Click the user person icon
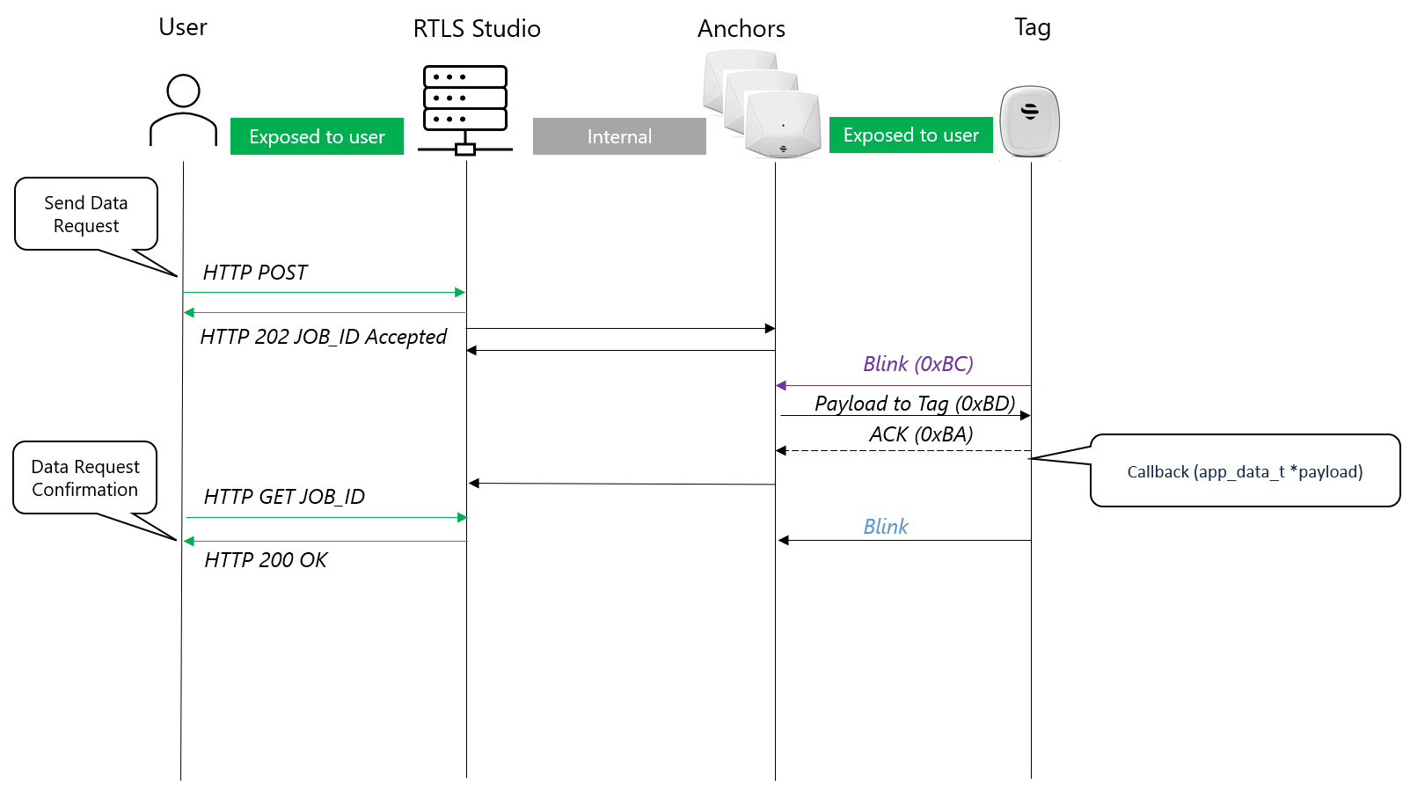click(x=183, y=110)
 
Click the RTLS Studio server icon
click(x=465, y=109)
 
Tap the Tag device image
click(x=1030, y=121)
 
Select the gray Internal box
click(x=619, y=136)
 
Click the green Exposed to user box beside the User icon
click(x=317, y=136)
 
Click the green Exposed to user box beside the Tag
click(x=910, y=135)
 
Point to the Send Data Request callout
click(x=86, y=214)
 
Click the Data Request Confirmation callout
click(x=85, y=477)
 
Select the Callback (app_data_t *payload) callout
click(x=1245, y=471)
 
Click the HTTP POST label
click(x=255, y=273)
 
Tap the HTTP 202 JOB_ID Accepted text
click(x=323, y=337)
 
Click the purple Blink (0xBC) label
click(x=917, y=364)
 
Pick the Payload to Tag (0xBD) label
click(x=915, y=404)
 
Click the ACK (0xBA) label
click(x=921, y=434)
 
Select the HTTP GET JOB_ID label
click(x=284, y=497)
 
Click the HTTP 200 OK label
click(x=266, y=560)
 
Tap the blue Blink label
click(x=885, y=527)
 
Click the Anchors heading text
click(x=741, y=29)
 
